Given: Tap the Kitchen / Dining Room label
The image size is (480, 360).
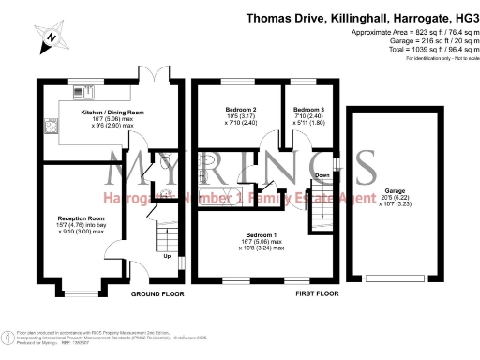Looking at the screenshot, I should click(x=112, y=111).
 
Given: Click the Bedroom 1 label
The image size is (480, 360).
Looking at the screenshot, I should click(x=260, y=234).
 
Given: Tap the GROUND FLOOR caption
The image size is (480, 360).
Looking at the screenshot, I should click(x=155, y=293).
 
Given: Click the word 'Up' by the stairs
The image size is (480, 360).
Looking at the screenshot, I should click(x=167, y=256).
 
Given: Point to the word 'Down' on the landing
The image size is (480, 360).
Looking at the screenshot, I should click(x=322, y=175).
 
